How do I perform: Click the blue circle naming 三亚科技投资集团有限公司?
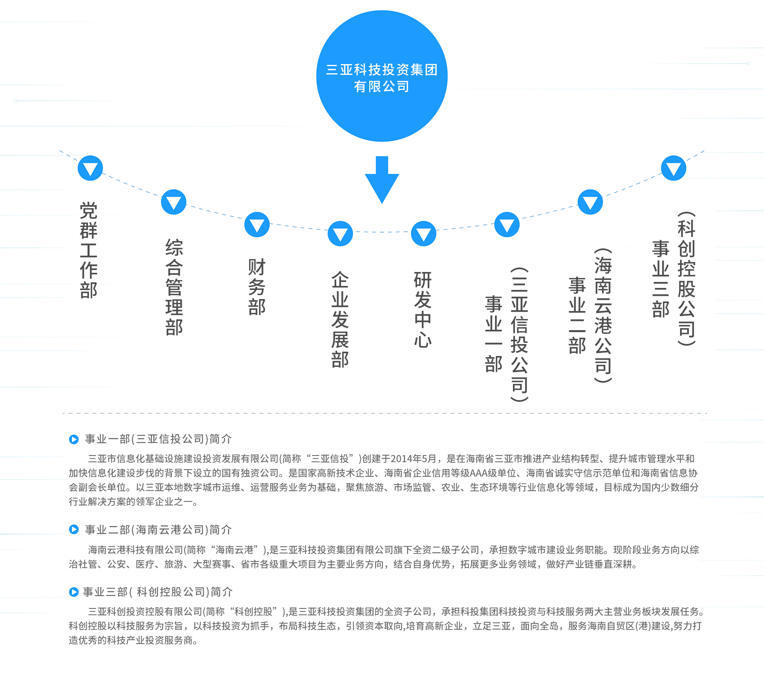coord(382,76)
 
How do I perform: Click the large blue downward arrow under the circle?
coord(382,180)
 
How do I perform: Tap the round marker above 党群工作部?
coord(90,168)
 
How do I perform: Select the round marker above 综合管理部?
coord(173,202)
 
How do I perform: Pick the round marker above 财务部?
coord(257,225)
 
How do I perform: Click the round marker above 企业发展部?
coord(340,233)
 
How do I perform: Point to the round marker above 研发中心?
coord(423,233)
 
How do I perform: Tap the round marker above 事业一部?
coord(507,225)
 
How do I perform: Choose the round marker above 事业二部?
coord(590,202)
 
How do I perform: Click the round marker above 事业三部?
coord(674,168)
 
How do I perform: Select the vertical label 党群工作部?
coord(89,250)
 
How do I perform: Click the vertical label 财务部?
coord(257,287)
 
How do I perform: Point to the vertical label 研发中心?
coord(423,309)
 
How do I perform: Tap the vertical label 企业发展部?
coord(340,319)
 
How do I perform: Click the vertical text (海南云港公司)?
coord(603,315)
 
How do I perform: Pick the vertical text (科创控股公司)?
coord(687,278)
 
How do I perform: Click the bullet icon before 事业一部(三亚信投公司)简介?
coord(74,439)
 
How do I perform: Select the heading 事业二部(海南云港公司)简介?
coord(158,530)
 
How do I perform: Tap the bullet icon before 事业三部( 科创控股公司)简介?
coord(74,592)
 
